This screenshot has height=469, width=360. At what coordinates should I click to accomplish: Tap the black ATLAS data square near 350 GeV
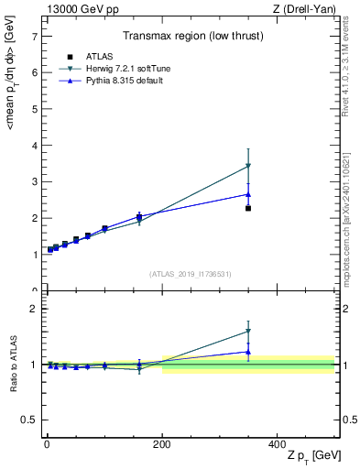click(x=248, y=209)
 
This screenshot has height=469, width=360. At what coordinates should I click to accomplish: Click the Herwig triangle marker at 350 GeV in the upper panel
click(x=248, y=166)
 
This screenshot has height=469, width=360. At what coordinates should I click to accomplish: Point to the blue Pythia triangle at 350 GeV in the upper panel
click(x=248, y=194)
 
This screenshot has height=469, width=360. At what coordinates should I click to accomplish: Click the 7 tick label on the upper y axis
click(x=34, y=37)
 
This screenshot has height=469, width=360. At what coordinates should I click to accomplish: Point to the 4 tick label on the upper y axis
click(x=34, y=146)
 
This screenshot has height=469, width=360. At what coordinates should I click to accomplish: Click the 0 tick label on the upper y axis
click(x=34, y=290)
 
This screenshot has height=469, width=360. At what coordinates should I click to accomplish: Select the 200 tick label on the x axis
click(x=162, y=443)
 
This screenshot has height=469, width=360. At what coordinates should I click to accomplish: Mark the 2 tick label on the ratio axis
click(x=34, y=309)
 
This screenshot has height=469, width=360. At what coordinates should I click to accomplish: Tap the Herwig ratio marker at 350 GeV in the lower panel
click(x=248, y=332)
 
